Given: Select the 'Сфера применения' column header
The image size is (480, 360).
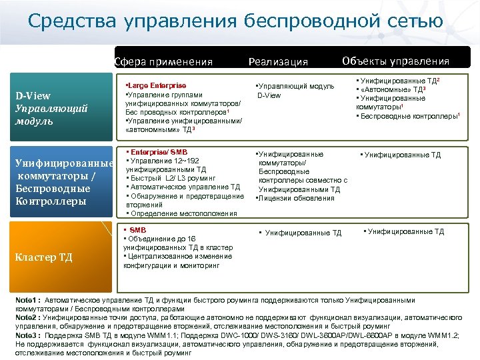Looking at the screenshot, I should [x=163, y=62].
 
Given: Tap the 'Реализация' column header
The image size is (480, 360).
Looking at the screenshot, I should [x=278, y=62].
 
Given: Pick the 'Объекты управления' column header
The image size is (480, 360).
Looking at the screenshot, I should [x=396, y=61].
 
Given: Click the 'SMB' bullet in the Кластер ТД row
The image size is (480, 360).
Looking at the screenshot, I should [x=139, y=230].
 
